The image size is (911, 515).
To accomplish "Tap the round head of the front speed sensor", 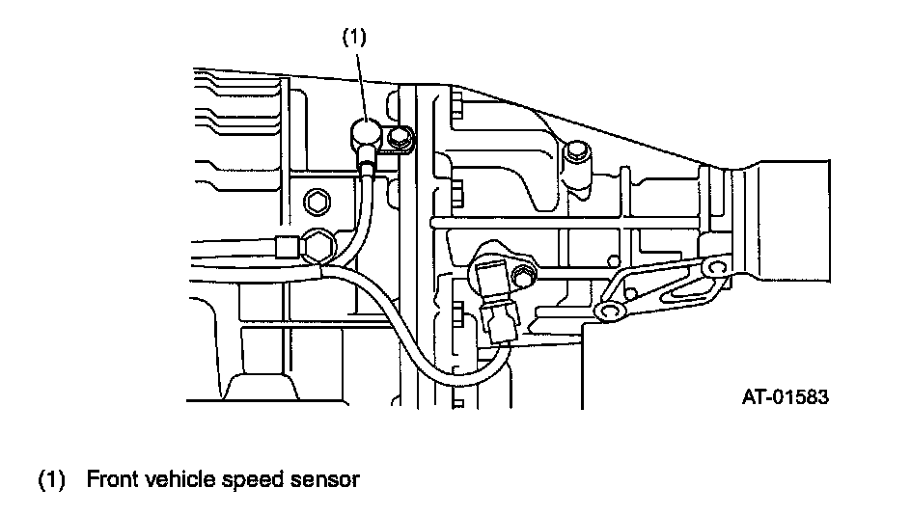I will (365, 129).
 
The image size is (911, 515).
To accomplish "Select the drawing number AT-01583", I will (785, 396).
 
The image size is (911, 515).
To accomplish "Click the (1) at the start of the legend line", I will (52, 479).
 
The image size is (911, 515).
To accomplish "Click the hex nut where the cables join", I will (317, 245).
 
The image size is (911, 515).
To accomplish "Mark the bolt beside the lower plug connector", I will (523, 279).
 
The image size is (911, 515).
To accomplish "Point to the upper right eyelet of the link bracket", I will (714, 266).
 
